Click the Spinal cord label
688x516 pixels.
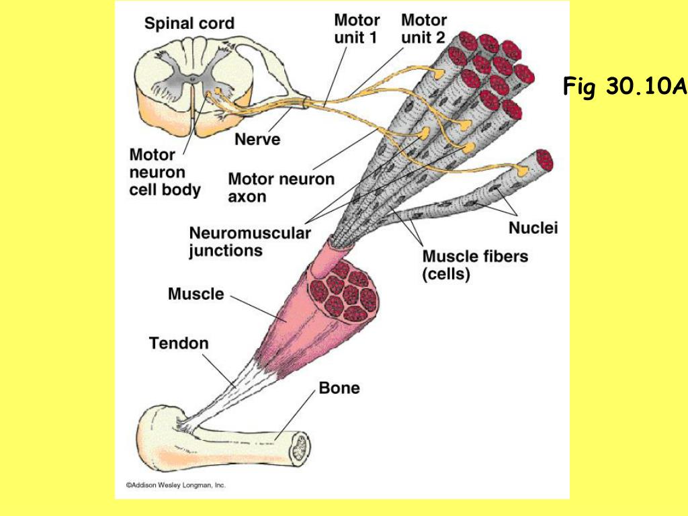click(189, 24)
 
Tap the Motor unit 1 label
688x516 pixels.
click(357, 29)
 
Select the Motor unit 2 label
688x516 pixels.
click(424, 29)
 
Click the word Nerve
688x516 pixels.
click(257, 140)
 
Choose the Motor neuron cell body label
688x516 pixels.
click(165, 173)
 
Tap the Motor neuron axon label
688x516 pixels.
click(281, 187)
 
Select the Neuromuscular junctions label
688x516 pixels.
click(249, 242)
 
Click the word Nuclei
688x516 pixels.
click(533, 228)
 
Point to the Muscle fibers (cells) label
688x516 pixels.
click(475, 265)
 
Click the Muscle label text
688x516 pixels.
click(196, 294)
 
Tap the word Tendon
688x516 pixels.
click(179, 343)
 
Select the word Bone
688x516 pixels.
click(339, 388)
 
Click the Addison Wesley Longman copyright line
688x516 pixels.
click(177, 484)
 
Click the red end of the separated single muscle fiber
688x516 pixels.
click(544, 161)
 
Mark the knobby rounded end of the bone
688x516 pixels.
click(158, 430)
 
